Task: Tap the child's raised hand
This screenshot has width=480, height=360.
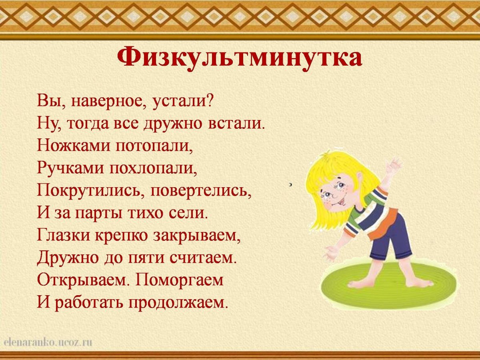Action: (x=394, y=164)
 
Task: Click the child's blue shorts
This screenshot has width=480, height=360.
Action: (x=390, y=240)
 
